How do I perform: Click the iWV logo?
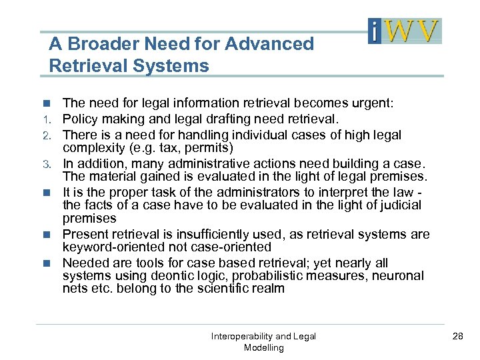tap(405, 31)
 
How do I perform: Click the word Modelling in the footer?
tap(264, 348)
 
